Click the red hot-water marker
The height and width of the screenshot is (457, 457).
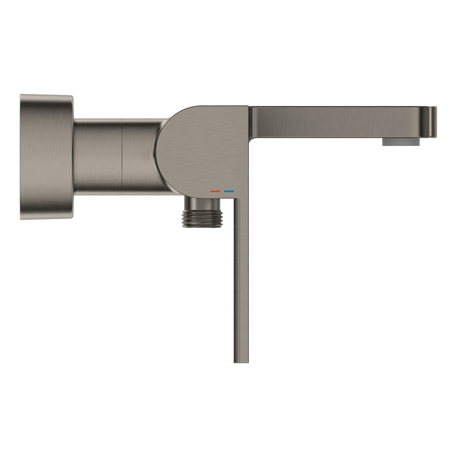[x=215, y=190]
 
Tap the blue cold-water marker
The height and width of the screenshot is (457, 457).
[x=229, y=190]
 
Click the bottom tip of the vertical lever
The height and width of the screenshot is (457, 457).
[x=241, y=360]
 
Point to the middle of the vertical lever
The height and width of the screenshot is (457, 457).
[x=241, y=279]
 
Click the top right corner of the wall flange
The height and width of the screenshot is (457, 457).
[x=70, y=98]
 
